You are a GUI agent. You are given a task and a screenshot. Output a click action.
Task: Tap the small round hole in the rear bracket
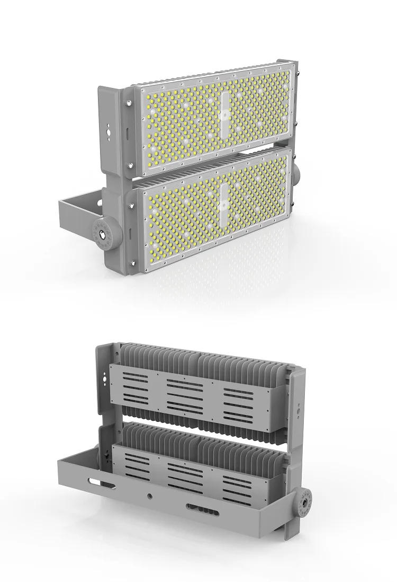(x=150, y=495)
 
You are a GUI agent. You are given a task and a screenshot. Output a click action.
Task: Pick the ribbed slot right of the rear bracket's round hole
(x=202, y=510)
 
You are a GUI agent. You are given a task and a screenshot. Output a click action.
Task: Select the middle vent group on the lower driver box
(x=185, y=472)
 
